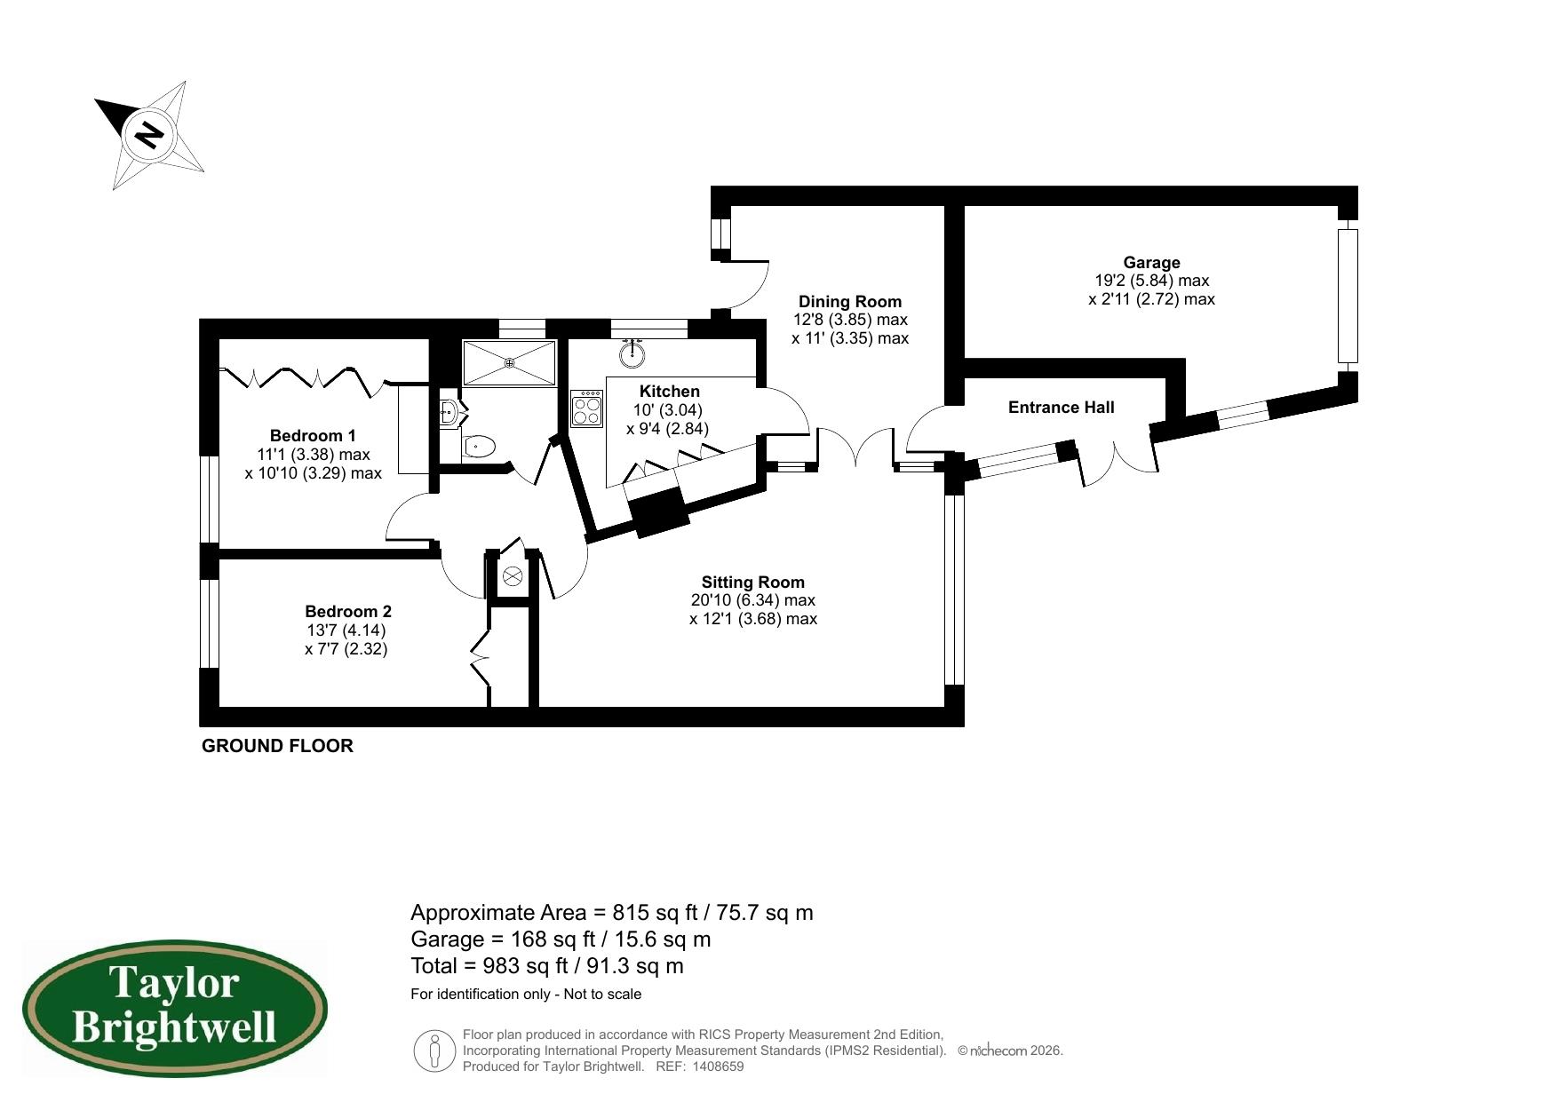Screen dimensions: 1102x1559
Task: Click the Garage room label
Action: [x=1151, y=263]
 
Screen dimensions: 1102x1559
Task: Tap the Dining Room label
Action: [x=849, y=302]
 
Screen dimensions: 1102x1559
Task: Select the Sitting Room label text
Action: [x=752, y=583]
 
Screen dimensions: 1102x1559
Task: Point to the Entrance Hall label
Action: [x=1061, y=408]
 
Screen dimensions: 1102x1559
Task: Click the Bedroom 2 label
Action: [x=347, y=612]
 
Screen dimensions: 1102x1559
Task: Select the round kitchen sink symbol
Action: [x=632, y=355]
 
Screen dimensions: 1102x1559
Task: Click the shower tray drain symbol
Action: [x=510, y=362]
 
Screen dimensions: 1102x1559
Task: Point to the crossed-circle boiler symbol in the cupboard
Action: [x=512, y=576]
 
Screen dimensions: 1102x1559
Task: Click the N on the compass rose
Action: [x=149, y=136]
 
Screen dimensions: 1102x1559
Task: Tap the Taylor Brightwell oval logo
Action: [x=174, y=1009]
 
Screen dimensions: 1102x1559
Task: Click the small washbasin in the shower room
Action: [x=449, y=412]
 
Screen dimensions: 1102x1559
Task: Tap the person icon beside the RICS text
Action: [x=434, y=1050]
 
